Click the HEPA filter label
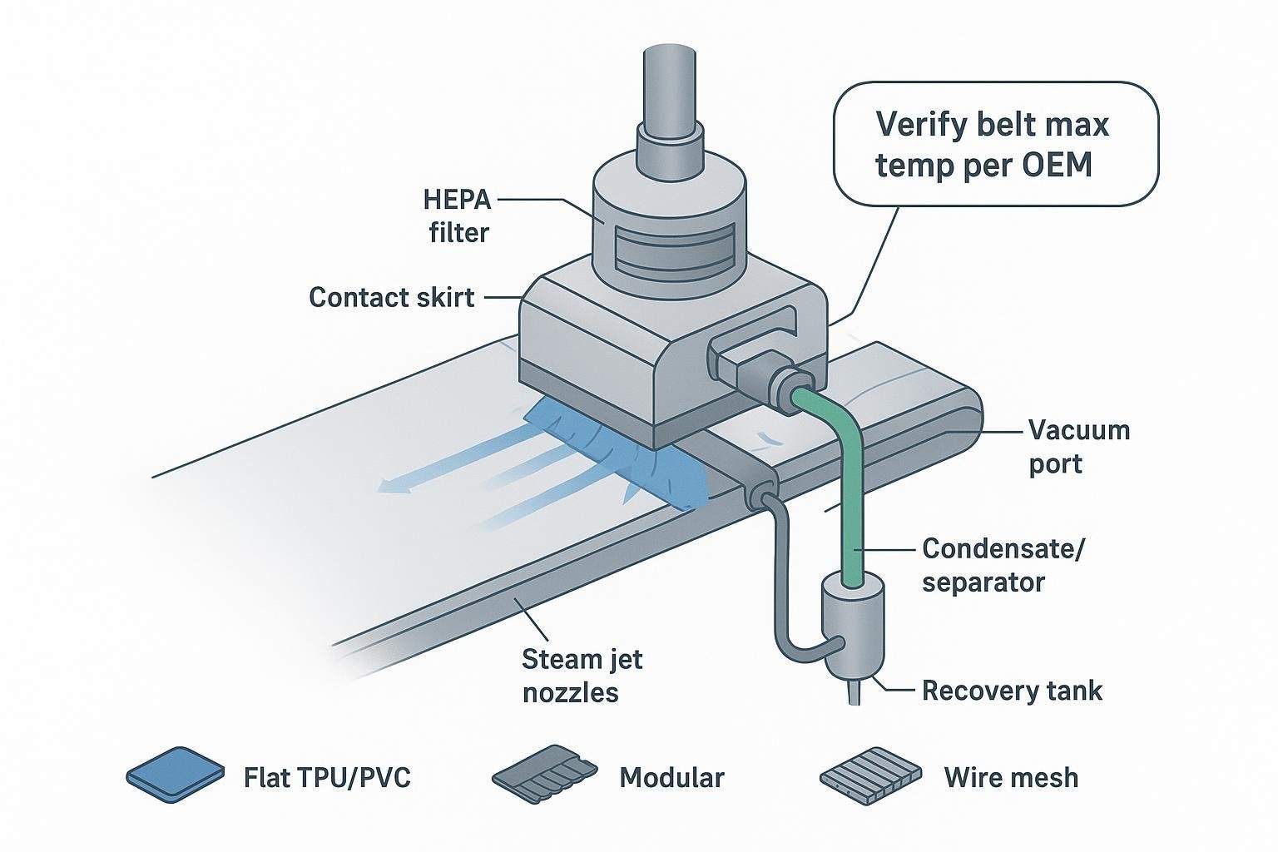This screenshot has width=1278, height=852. click(x=457, y=215)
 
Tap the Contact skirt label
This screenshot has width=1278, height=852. click(x=391, y=297)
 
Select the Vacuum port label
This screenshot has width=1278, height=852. click(x=1079, y=446)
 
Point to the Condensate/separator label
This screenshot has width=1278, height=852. click(x=1003, y=564)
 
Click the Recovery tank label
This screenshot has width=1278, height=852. click(x=1012, y=690)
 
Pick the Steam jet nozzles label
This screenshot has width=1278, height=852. click(x=582, y=675)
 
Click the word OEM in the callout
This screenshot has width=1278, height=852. click(x=1056, y=166)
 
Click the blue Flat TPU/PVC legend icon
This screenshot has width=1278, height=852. click(x=176, y=775)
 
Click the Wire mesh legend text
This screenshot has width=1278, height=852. click(x=1011, y=777)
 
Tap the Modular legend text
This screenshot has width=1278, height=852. click(x=671, y=777)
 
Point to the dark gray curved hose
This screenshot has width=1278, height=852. click(x=782, y=582)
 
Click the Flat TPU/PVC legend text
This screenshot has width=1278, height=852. click(x=327, y=777)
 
